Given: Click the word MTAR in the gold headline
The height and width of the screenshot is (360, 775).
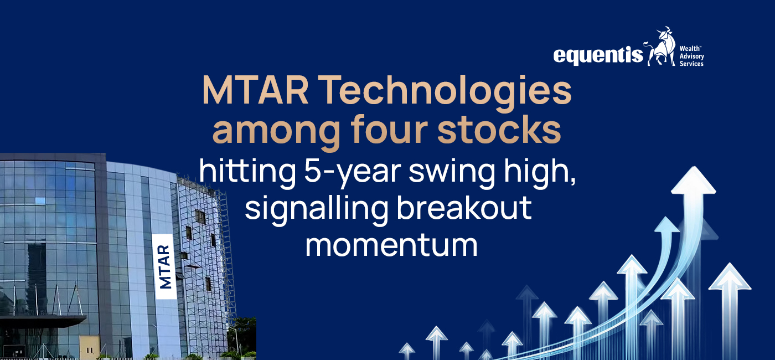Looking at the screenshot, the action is tap(255, 90).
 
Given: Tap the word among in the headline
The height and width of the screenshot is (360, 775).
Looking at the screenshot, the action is tap(276, 132).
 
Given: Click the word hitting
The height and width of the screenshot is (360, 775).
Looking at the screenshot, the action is tap(247, 173).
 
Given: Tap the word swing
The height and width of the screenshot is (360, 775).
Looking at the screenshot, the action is tap(452, 173).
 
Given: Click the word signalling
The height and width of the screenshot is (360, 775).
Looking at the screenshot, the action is tap(317, 210).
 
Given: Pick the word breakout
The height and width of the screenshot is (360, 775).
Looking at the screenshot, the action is tap(464, 207).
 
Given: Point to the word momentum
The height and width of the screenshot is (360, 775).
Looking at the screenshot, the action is tap(391, 245).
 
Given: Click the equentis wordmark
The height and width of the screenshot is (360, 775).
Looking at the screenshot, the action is tap(598, 55).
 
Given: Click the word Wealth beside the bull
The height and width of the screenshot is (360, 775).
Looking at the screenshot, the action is tap(690, 49).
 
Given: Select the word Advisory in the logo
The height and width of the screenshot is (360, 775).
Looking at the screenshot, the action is tap(691, 56).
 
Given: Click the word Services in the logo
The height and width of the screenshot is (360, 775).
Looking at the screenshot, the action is tap(691, 64).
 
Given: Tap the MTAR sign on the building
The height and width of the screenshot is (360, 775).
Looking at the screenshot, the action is tap(164, 266).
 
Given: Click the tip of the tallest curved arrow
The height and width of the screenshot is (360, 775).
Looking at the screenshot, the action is tap(693, 167).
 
